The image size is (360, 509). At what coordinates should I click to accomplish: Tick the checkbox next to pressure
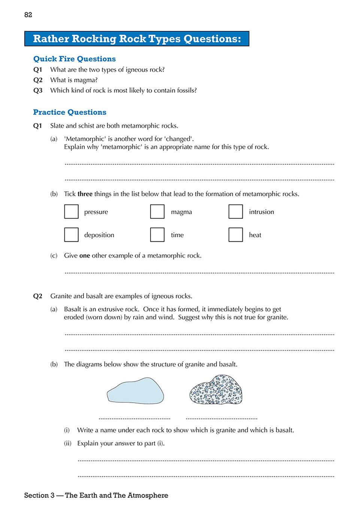click(x=71, y=211)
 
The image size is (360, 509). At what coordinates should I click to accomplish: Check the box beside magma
click(x=157, y=211)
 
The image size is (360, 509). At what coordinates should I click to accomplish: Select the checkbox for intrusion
click(x=236, y=211)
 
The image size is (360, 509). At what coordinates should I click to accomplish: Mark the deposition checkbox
click(x=71, y=235)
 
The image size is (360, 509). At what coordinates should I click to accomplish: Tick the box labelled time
click(x=157, y=235)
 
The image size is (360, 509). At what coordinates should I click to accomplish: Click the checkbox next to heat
click(x=236, y=235)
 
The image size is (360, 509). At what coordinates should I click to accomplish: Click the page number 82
click(x=28, y=15)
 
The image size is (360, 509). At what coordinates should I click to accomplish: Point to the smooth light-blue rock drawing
click(x=135, y=391)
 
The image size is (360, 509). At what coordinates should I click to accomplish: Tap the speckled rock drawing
click(x=216, y=390)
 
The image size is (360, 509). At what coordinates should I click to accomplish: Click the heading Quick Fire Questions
click(x=74, y=59)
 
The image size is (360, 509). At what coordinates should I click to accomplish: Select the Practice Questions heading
click(x=70, y=112)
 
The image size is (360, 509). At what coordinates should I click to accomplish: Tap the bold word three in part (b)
click(x=85, y=194)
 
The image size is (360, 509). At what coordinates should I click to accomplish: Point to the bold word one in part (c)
click(x=85, y=256)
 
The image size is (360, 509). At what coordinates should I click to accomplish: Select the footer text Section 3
click(x=39, y=496)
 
